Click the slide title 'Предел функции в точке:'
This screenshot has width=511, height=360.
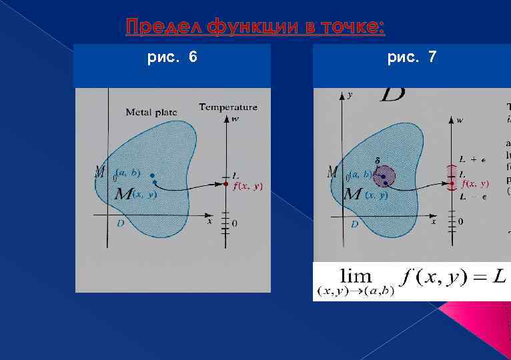[x=255, y=27]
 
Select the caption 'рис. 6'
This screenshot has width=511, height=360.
[x=172, y=58]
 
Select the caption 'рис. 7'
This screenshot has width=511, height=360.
[x=412, y=58]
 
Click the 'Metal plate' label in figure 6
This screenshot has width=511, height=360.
[x=151, y=112]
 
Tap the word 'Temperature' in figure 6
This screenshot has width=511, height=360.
[x=227, y=107]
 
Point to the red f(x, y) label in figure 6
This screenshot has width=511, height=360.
[x=247, y=187]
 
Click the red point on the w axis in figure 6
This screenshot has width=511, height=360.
[x=226, y=183]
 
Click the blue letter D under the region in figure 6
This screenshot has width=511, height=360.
[x=120, y=223]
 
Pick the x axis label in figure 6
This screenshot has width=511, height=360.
[x=209, y=221]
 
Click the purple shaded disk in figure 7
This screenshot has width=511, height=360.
[x=384, y=177]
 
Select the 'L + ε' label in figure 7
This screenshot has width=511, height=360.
[x=472, y=159]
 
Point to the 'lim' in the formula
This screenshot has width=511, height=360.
[x=356, y=275]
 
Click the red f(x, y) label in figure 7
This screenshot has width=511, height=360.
[x=475, y=184]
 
